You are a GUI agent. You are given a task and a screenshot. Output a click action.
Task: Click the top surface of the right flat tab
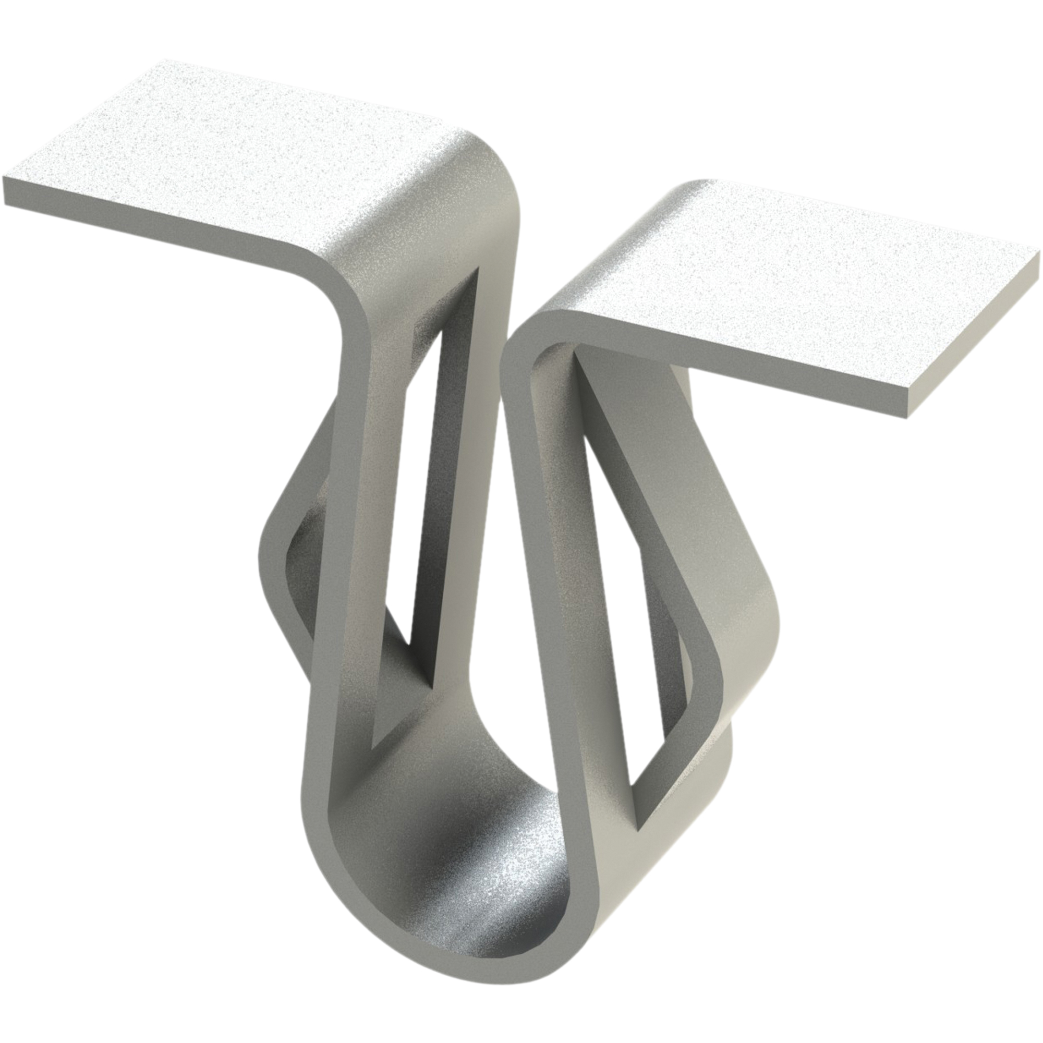(810, 270)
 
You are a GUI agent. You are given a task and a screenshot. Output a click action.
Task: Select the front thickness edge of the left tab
(162, 221)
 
